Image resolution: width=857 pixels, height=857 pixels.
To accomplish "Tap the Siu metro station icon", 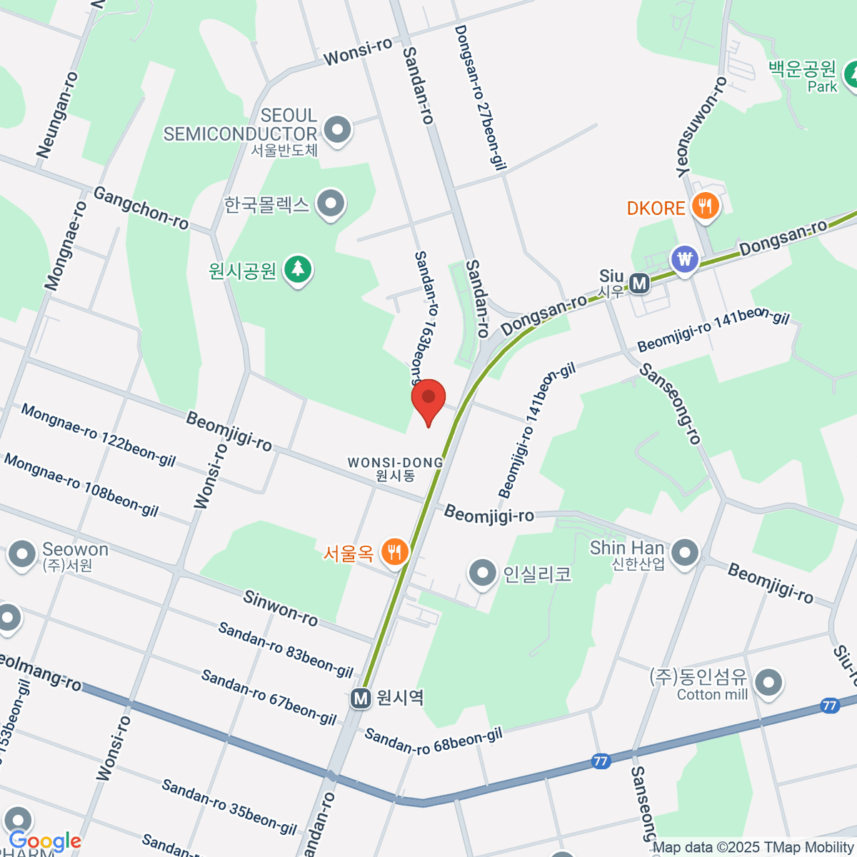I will pyautogui.click(x=639, y=284).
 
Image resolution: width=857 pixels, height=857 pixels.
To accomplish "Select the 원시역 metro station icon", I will pyautogui.click(x=361, y=698).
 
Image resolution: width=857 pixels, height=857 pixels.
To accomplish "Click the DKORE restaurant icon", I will pyautogui.click(x=706, y=207).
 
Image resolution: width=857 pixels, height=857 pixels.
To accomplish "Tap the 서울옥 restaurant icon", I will pyautogui.click(x=394, y=551).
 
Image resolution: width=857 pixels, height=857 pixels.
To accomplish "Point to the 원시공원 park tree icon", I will pyautogui.click(x=298, y=270).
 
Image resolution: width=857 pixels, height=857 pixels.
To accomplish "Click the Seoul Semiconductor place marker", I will pyautogui.click(x=337, y=130).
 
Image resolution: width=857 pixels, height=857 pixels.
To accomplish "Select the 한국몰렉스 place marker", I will pyautogui.click(x=330, y=204).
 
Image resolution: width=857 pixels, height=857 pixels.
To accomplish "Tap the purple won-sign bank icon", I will pyautogui.click(x=686, y=259).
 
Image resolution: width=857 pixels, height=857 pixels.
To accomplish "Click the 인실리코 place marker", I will pyautogui.click(x=483, y=573).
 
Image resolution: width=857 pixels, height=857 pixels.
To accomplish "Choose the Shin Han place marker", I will pyautogui.click(x=686, y=552).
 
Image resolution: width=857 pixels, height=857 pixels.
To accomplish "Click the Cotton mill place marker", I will pyautogui.click(x=768, y=683).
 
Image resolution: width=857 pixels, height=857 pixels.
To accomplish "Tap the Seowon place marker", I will pyautogui.click(x=21, y=555).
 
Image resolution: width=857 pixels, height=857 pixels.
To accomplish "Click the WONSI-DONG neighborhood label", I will pyautogui.click(x=396, y=468).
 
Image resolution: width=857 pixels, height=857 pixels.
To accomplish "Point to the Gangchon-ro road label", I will pyautogui.click(x=141, y=208).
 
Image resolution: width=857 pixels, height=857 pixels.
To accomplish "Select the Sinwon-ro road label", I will pyautogui.click(x=281, y=608).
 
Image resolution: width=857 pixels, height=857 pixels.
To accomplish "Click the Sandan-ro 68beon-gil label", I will pyautogui.click(x=433, y=741).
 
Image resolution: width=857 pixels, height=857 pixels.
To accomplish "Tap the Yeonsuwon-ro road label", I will pyautogui.click(x=701, y=126).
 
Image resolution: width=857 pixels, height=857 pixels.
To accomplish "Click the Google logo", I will pyautogui.click(x=45, y=841).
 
